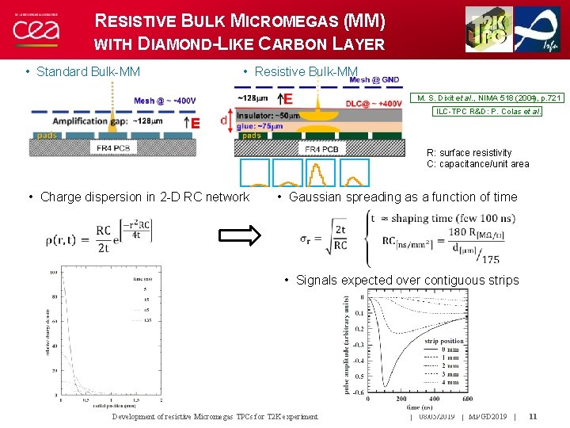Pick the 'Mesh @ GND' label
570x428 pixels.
[374, 80]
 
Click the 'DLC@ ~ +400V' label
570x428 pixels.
[374, 104]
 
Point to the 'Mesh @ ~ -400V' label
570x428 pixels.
[165, 101]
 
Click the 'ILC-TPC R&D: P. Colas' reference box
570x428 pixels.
[488, 112]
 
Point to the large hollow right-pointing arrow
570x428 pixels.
[239, 234]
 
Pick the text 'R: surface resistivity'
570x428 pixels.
[469, 153]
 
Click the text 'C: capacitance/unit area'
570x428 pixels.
[477, 164]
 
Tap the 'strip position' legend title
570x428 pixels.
[445, 342]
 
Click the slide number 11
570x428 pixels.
[533, 416]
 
